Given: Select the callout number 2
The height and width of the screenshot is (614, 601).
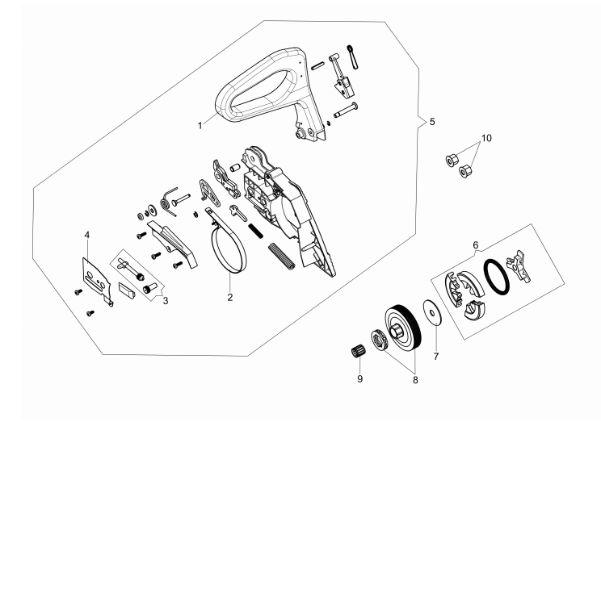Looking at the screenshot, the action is [x=229, y=297].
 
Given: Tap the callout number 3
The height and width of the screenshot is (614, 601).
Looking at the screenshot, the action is [x=165, y=301].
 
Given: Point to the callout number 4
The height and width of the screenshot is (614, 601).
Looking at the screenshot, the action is [x=87, y=235].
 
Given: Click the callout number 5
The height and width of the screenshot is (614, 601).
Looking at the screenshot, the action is [x=432, y=122].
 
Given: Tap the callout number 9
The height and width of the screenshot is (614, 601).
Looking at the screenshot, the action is [x=360, y=378].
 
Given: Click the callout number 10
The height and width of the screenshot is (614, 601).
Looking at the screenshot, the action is [x=485, y=138].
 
